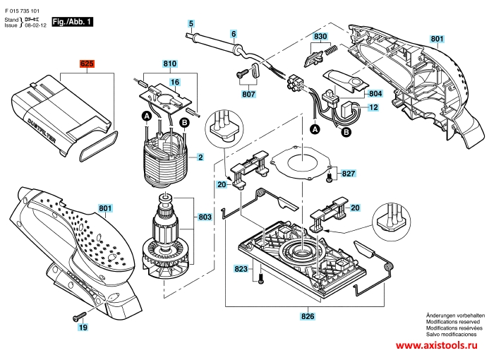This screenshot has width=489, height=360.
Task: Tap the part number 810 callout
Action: click(169, 64)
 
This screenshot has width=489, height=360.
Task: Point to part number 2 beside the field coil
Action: click(200, 157)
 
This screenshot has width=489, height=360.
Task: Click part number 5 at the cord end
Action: click(191, 23)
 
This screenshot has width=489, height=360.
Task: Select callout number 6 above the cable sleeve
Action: click(234, 33)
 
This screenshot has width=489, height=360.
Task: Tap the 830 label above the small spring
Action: click(320, 36)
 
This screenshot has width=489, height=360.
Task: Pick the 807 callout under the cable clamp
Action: click(248, 94)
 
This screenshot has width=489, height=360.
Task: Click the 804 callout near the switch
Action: click(375, 93)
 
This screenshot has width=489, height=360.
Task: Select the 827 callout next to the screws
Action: click(348, 173)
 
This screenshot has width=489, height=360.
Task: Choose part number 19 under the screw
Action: click(83, 328)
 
